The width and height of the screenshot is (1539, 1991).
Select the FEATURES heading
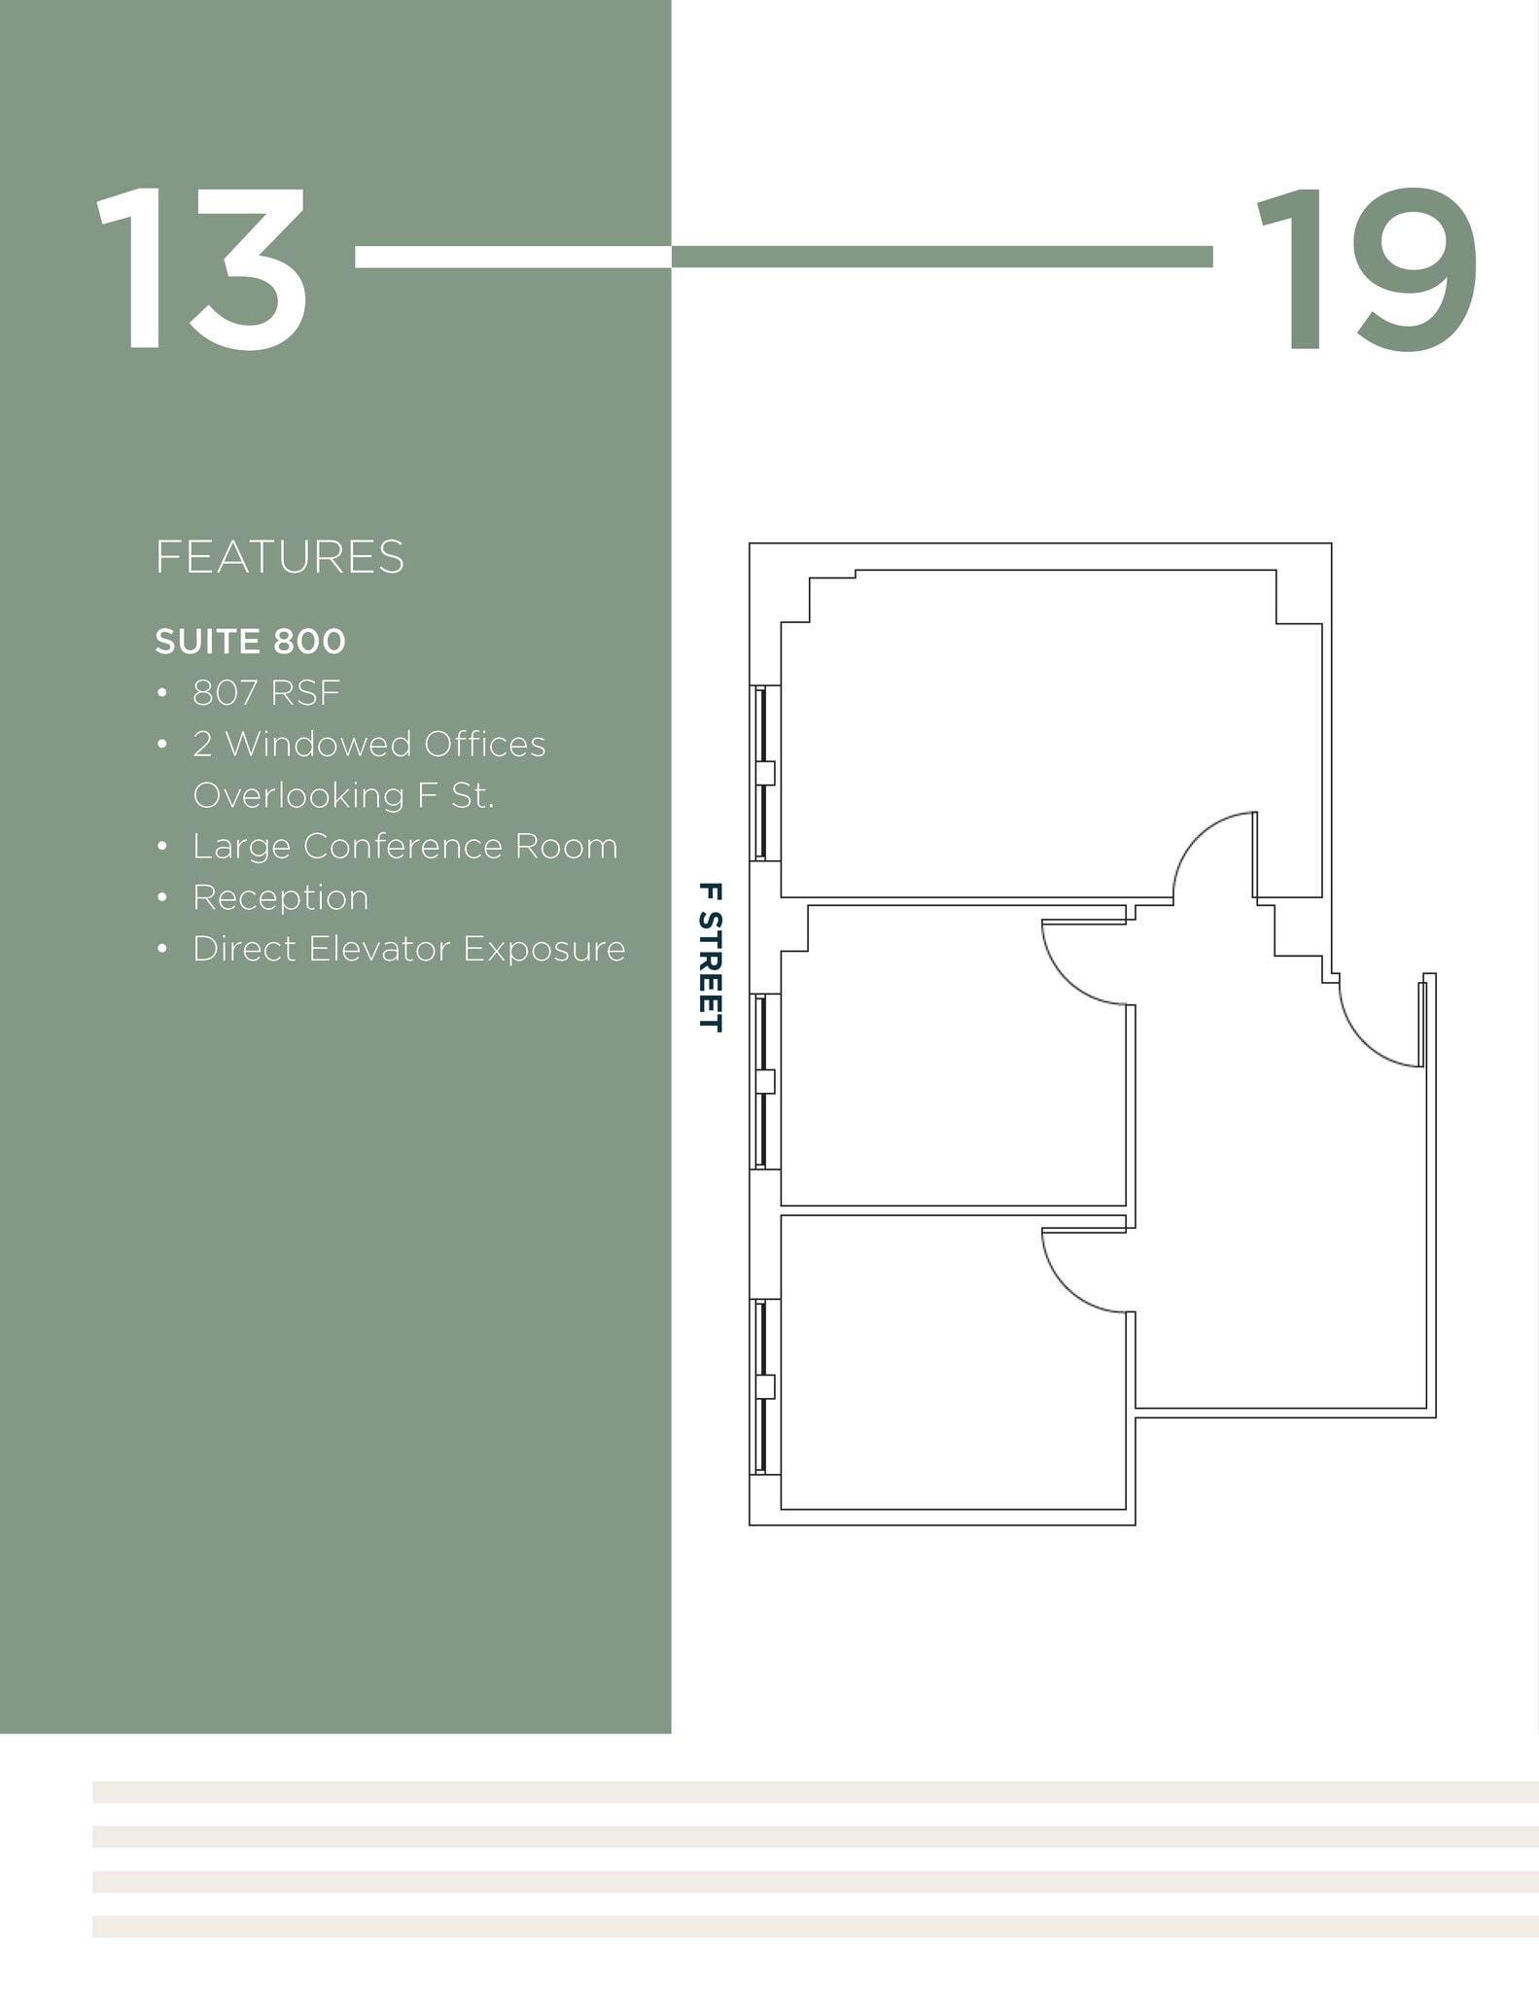[x=279, y=557]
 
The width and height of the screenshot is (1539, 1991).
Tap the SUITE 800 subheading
[x=250, y=642]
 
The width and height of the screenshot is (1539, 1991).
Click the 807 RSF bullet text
[x=266, y=693]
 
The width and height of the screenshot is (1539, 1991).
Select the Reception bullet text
[x=280, y=897]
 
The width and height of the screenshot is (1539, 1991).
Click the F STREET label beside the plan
[x=711, y=957]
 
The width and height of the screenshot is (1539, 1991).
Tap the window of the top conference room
[x=765, y=773]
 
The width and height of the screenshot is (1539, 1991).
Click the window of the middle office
[x=765, y=1080]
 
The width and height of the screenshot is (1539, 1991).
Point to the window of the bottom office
[x=765, y=1386]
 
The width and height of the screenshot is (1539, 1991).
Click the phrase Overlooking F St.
[x=343, y=795]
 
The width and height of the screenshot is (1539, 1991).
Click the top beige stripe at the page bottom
[x=815, y=1792]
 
